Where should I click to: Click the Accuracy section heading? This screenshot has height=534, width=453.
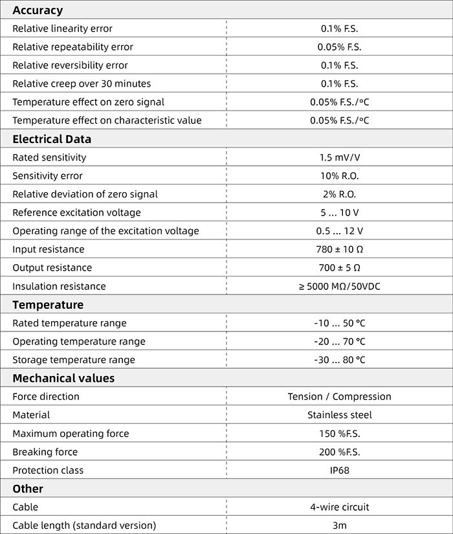[x=38, y=10]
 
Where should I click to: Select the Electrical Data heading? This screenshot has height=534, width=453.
[x=52, y=139]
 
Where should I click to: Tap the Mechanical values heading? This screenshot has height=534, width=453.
[x=63, y=378]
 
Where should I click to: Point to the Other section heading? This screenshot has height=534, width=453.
[x=28, y=489]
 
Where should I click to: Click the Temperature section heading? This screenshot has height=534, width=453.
[x=48, y=305]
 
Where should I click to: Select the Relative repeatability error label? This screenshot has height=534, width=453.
[x=73, y=47]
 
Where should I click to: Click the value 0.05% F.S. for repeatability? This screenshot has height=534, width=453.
[x=339, y=47]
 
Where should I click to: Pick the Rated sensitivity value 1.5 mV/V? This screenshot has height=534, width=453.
[x=339, y=157]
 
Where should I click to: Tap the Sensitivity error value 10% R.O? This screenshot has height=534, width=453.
[x=339, y=176]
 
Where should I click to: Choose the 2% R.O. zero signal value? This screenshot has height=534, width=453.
[x=339, y=194]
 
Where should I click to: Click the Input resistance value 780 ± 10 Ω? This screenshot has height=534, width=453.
[x=339, y=249]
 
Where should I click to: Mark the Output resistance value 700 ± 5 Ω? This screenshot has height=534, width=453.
[x=339, y=268]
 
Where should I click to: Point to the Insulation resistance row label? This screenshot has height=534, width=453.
[x=59, y=286]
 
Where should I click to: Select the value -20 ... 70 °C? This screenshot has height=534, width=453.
[x=339, y=341]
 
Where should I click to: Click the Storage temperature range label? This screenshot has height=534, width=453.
[x=74, y=360]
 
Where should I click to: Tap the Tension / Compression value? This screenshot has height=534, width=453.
[x=339, y=396]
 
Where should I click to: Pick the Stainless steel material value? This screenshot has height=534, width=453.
[x=339, y=415]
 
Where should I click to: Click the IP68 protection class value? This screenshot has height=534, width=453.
[x=339, y=470]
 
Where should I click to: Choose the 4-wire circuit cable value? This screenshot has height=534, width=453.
[x=339, y=507]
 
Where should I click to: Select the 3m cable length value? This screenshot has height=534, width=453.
[x=339, y=526]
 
